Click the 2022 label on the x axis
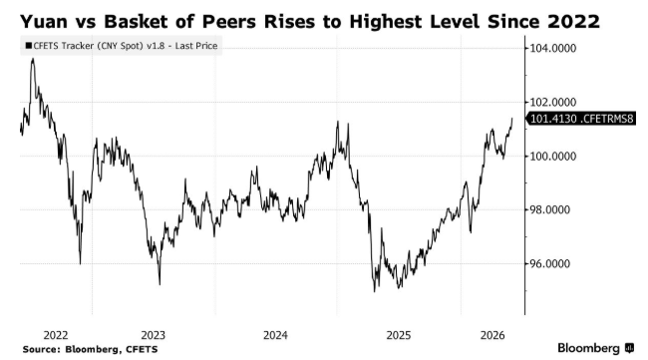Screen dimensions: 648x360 click(x=56, y=335)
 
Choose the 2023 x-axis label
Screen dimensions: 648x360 click(x=153, y=335)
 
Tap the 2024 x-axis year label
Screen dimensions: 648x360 click(x=275, y=335)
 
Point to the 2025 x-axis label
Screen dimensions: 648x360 click(x=399, y=335)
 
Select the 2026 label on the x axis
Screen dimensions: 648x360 click(x=492, y=335)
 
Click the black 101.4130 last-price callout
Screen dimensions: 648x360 click(x=580, y=119)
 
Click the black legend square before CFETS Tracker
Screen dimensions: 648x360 click(x=28, y=46)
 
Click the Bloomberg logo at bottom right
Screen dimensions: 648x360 click(x=595, y=348)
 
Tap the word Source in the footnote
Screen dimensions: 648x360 click(x=41, y=349)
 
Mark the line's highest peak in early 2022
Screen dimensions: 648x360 click(x=33, y=59)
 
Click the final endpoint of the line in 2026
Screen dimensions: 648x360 click(x=512, y=119)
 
